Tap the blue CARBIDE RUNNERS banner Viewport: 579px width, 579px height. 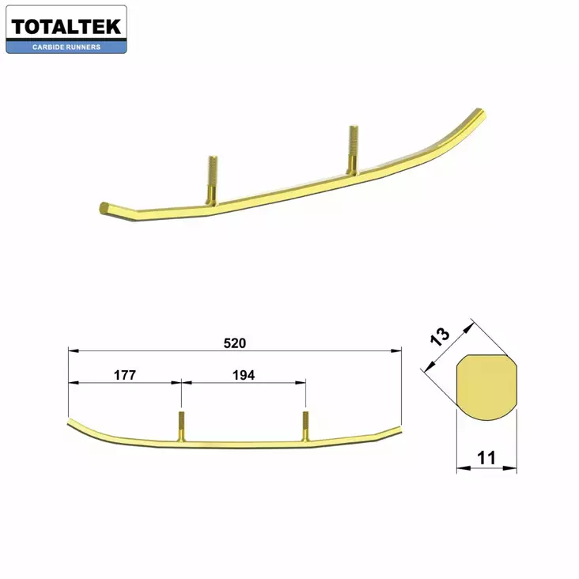pyautogui.click(x=66, y=47)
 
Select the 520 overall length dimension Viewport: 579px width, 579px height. pyautogui.click(x=235, y=343)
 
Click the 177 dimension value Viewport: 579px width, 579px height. pyautogui.click(x=125, y=376)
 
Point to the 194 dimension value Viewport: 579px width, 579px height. pyautogui.click(x=244, y=376)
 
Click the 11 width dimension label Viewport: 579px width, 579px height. pyautogui.click(x=486, y=457)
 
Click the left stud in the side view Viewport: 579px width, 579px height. pyautogui.click(x=181, y=427)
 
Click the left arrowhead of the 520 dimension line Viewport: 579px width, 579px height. pyautogui.click(x=72, y=350)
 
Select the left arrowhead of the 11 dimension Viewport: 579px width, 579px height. pyautogui.click(x=460, y=469)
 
